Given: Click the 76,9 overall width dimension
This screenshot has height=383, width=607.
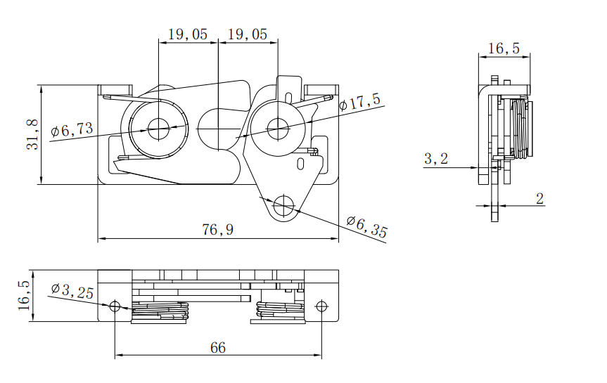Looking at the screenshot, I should [x=218, y=230].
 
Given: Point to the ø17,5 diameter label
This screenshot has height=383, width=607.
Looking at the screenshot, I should [x=359, y=103].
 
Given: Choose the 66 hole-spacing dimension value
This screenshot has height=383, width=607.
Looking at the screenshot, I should [x=218, y=348].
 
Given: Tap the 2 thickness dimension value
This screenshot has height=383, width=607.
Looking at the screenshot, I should [x=539, y=199].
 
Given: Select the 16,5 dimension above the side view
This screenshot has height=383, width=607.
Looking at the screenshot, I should [x=504, y=48].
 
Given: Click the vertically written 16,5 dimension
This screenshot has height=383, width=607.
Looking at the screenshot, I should [x=23, y=296].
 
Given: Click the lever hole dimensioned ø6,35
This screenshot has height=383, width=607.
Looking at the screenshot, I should [x=285, y=206].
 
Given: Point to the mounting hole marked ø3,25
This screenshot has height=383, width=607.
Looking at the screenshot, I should [x=115, y=306].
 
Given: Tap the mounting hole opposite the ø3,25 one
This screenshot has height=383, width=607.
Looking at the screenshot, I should [x=321, y=306].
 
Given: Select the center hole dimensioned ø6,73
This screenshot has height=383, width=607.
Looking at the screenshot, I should [x=159, y=128].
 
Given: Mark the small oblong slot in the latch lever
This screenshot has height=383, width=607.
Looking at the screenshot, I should [x=302, y=164].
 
